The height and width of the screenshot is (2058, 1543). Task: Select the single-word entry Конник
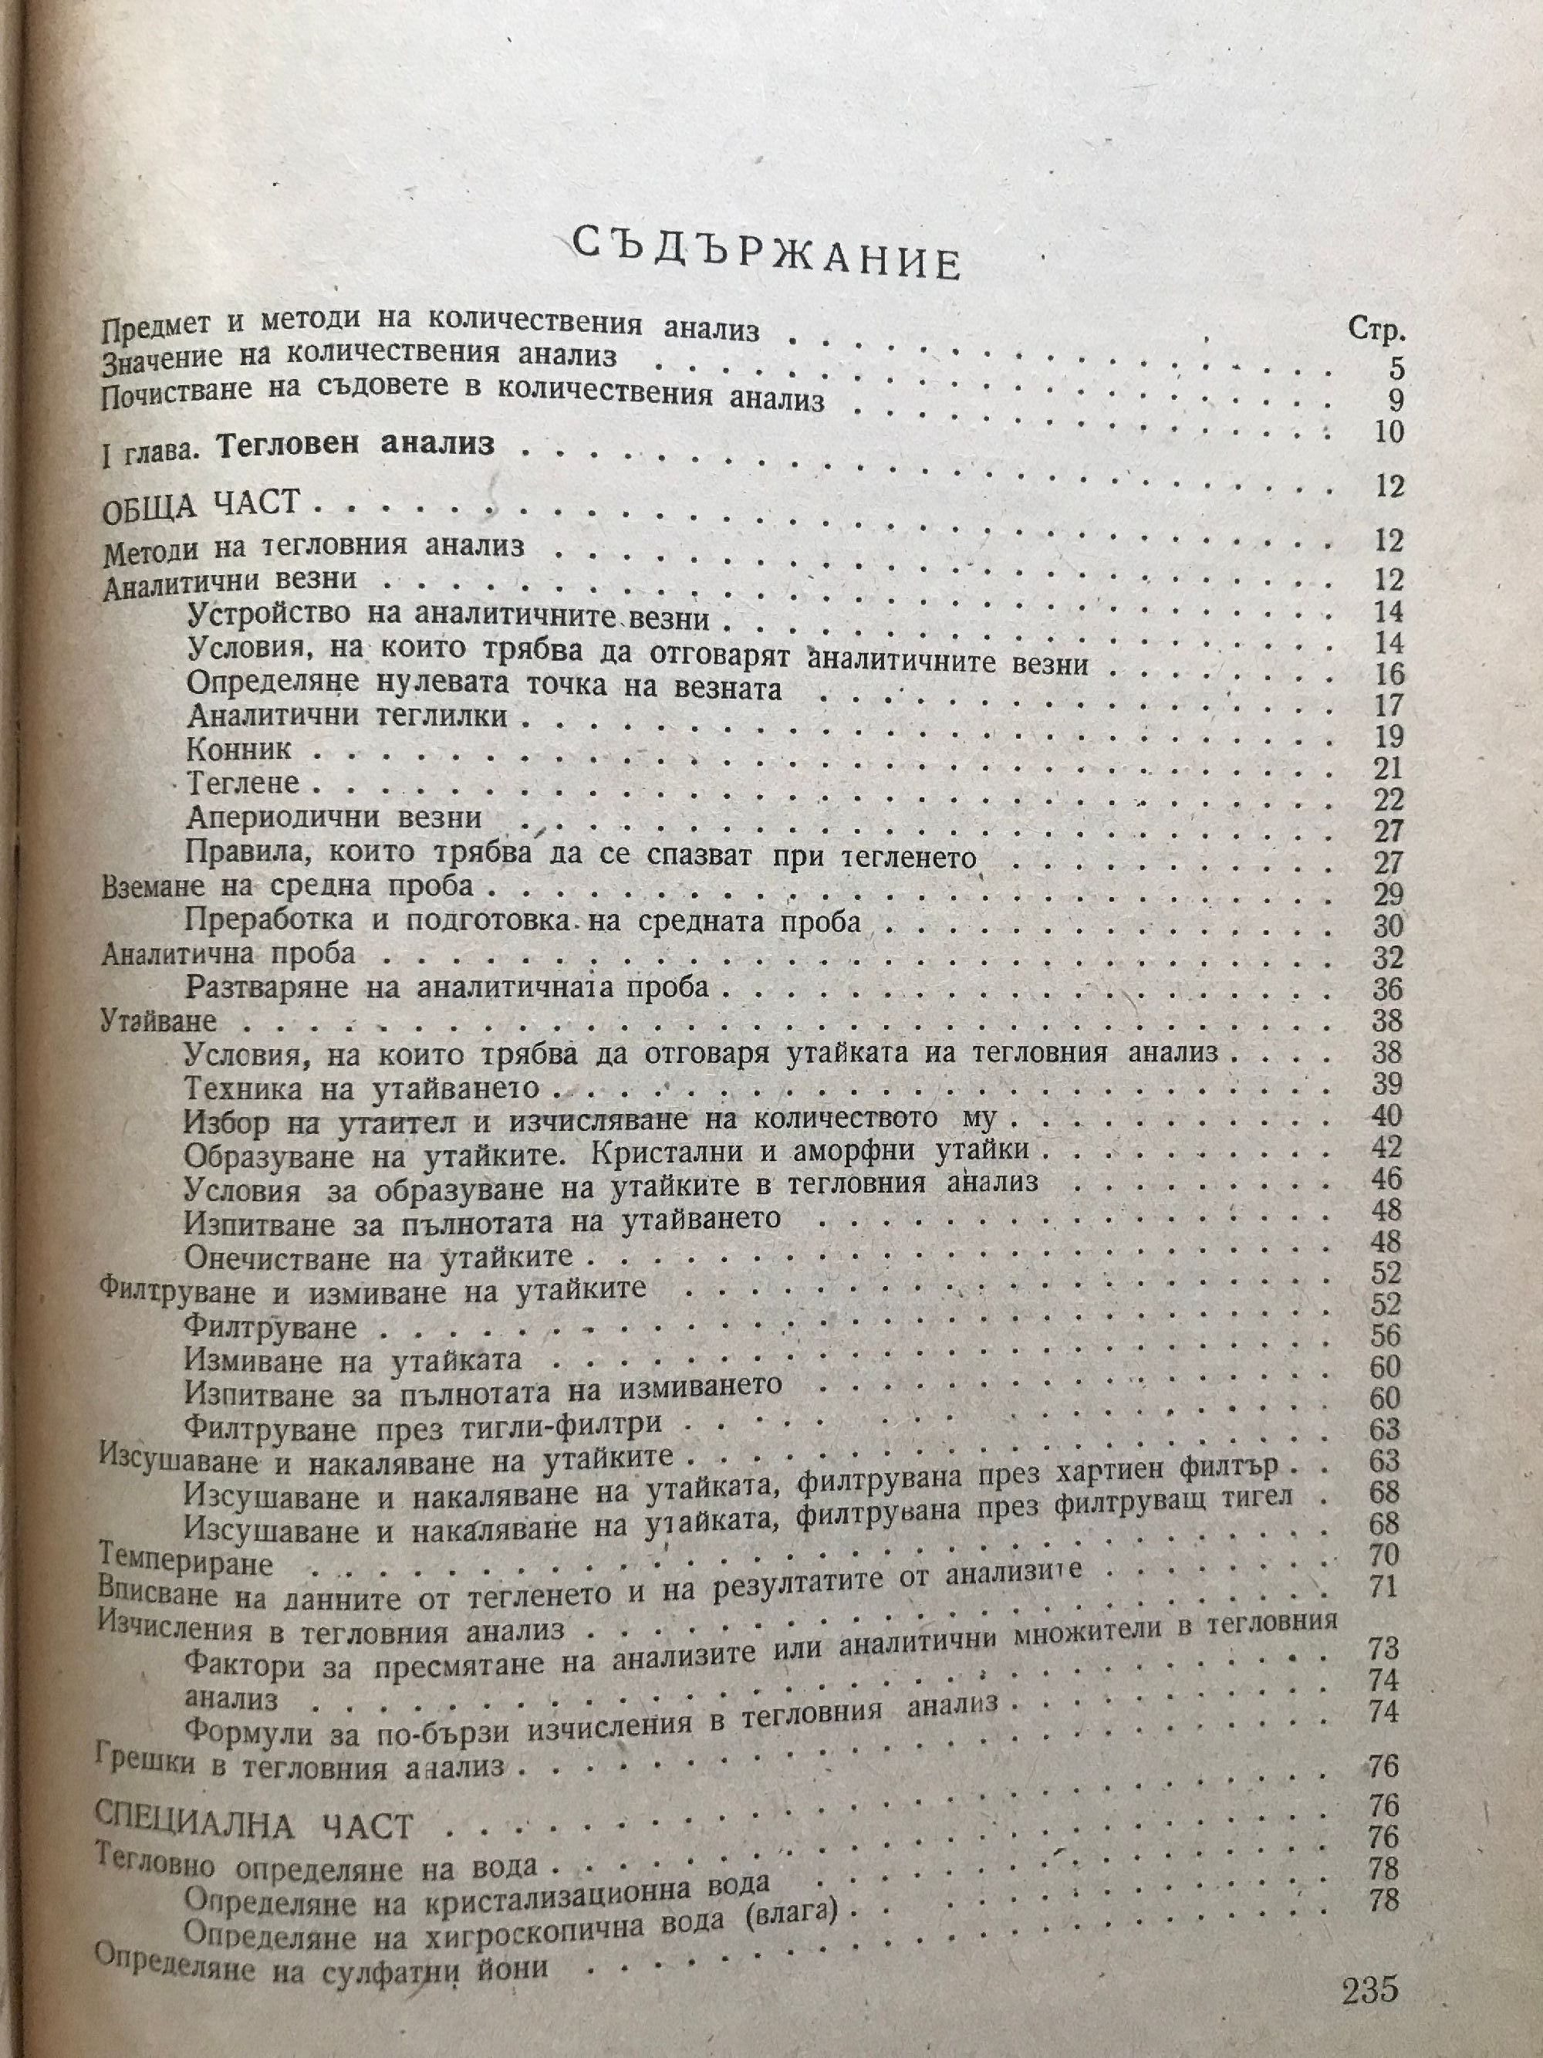(239, 749)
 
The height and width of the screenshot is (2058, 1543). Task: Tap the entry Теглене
(243, 783)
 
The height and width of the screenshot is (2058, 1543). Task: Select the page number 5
(1395, 371)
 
